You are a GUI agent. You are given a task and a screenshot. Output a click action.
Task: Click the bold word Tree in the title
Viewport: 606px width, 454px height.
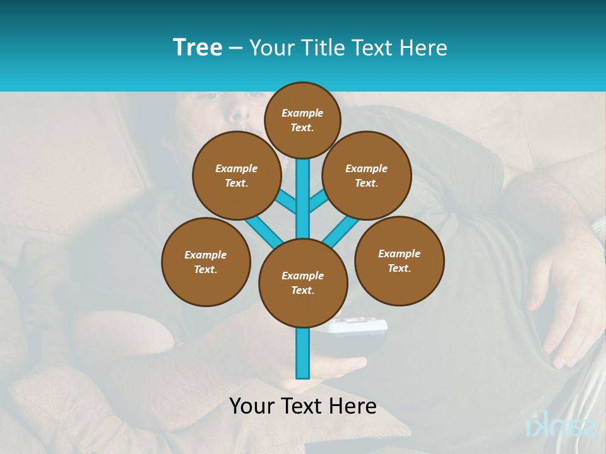tap(198, 47)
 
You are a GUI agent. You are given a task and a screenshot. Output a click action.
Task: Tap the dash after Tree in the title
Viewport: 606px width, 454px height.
tap(236, 48)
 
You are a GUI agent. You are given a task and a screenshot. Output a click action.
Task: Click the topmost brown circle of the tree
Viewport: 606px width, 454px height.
tap(302, 120)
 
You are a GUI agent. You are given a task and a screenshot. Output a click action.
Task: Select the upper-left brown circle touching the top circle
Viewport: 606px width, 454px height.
tap(237, 176)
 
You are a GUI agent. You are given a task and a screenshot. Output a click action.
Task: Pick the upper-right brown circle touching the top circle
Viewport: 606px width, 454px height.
tap(367, 176)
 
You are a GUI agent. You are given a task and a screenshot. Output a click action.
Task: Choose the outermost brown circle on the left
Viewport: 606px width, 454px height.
tap(206, 262)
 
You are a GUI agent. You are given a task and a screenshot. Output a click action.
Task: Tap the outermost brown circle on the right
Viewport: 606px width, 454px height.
tap(399, 261)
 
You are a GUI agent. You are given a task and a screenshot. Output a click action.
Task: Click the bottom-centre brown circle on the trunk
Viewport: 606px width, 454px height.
tap(303, 283)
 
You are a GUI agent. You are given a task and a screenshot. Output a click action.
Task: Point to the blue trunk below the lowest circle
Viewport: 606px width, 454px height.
tap(303, 353)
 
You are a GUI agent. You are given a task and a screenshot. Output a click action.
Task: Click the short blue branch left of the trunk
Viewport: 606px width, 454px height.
tap(287, 201)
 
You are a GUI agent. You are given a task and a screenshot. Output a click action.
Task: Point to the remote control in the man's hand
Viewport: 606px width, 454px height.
tap(360, 330)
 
